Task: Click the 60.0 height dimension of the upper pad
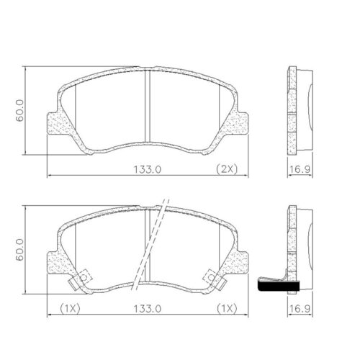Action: coord(21,111)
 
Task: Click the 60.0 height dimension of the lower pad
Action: coord(21,248)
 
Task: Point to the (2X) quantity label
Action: coord(227,169)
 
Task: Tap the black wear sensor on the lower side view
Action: coord(276,287)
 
